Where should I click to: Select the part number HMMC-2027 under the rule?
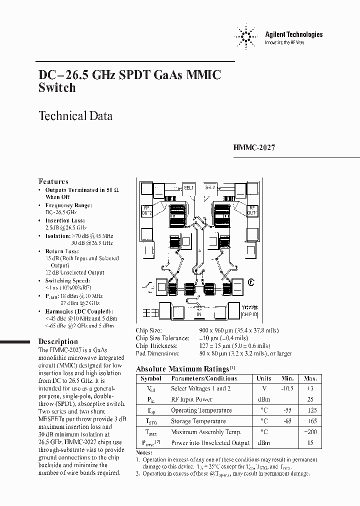coord(254,148)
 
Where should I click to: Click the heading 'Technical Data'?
coord(75,116)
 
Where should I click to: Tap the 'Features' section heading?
coord(53,181)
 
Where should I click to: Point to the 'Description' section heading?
coord(58,341)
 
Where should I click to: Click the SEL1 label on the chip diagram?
coord(188,187)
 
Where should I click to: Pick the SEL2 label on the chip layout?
coord(210,187)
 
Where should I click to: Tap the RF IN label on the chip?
coord(199,312)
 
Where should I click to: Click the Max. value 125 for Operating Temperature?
coord(311,410)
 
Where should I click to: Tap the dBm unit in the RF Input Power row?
coord(263,399)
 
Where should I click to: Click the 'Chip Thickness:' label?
coord(156,345)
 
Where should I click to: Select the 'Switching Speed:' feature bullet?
coord(65,281)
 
